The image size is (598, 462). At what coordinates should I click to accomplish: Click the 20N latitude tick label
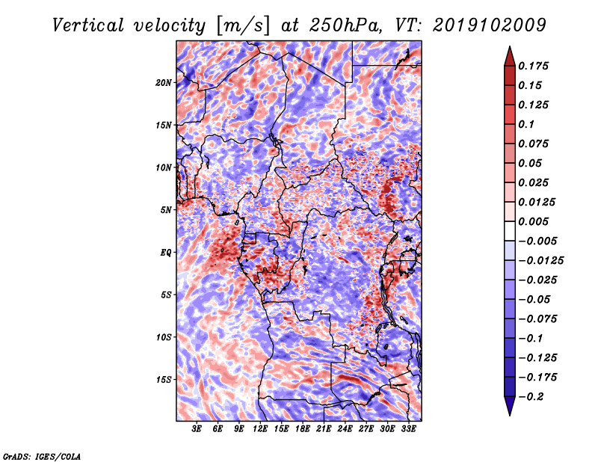(164, 83)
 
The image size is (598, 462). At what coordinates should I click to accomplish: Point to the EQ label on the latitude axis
(165, 253)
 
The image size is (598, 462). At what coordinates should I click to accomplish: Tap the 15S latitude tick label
(164, 380)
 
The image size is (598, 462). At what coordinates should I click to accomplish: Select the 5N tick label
(166, 210)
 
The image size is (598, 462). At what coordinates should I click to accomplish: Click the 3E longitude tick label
(197, 429)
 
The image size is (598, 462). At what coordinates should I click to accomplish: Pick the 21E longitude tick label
(324, 429)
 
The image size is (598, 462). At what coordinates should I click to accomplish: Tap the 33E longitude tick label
(408, 429)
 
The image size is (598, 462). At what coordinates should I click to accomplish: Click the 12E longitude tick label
(260, 429)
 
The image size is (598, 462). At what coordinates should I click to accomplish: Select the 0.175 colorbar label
(533, 66)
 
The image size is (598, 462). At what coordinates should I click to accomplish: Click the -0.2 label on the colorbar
(531, 397)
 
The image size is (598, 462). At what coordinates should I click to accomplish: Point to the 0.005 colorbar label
(533, 221)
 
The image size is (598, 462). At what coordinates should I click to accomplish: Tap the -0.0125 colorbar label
(540, 261)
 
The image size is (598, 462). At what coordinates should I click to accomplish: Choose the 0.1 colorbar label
(526, 124)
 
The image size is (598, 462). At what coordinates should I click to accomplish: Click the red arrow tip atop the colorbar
(510, 46)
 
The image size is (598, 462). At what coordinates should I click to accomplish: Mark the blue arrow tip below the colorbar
(510, 415)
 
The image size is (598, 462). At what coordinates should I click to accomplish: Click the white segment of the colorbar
(510, 231)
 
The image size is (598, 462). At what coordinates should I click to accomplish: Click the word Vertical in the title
(88, 25)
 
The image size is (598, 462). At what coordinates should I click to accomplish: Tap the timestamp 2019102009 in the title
(490, 25)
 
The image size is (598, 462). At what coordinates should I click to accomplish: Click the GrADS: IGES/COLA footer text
(42, 456)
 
